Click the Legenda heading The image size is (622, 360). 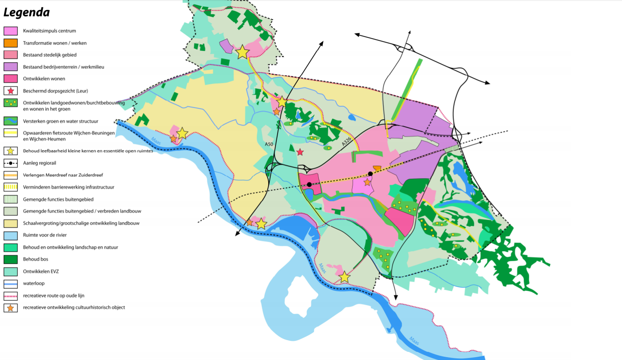pos(26,13)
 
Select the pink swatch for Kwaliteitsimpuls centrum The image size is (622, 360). pos(11,31)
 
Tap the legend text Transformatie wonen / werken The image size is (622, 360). pos(55,43)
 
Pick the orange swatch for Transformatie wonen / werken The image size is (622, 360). pos(11,43)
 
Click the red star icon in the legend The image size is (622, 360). pos(11,91)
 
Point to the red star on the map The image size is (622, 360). pos(300,152)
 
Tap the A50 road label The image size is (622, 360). pos(269,144)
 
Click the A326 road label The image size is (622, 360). pos(346,142)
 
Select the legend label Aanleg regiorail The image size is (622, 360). pos(39,163)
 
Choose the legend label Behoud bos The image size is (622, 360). pos(35,259)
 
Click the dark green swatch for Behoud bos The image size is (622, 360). pos(11,259)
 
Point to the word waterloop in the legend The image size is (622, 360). pos(34,284)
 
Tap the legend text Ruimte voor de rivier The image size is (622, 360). pos(45,235)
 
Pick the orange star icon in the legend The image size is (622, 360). pos(11,308)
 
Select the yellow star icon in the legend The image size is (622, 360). pos(11,151)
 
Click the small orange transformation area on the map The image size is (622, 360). pos(377,168)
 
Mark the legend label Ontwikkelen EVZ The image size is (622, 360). pos(41,271)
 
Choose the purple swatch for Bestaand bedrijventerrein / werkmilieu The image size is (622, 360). pos(11,67)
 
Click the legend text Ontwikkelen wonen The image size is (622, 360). pos(44,79)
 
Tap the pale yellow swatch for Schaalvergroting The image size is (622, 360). pos(11,223)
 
